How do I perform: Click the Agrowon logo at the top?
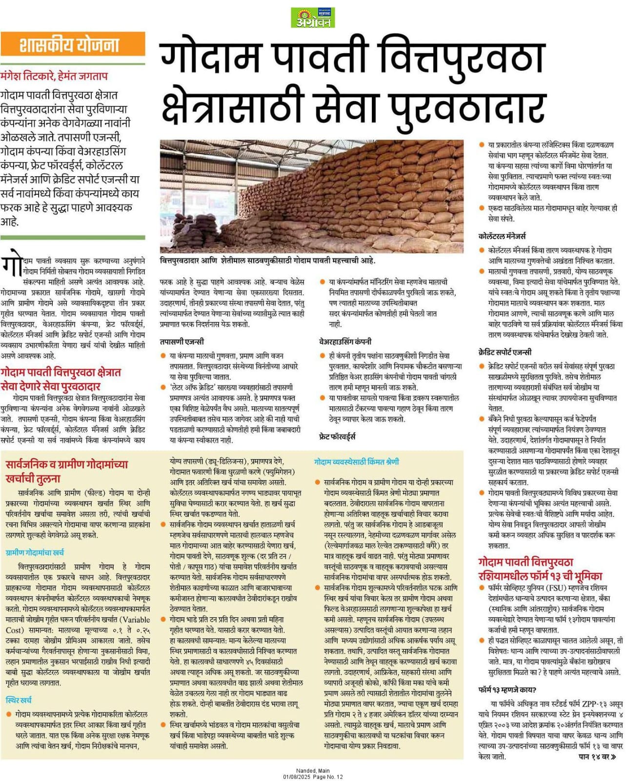(x=313, y=18)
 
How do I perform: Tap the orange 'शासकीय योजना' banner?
(x=73, y=45)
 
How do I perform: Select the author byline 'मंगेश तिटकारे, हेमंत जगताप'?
(x=54, y=76)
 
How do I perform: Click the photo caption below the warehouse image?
(x=267, y=261)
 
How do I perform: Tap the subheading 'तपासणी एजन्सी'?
(x=182, y=341)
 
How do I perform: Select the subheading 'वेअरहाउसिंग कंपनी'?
(x=345, y=341)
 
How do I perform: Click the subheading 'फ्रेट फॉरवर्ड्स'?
(x=337, y=436)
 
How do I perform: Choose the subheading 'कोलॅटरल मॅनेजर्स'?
(x=503, y=236)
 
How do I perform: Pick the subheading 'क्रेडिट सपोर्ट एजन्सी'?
(x=505, y=352)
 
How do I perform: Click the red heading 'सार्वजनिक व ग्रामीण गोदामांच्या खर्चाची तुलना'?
(x=66, y=471)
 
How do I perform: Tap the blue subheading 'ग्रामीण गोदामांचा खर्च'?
(x=35, y=553)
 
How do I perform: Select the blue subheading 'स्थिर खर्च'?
(x=19, y=700)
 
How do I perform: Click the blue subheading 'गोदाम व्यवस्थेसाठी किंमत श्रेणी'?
(x=357, y=461)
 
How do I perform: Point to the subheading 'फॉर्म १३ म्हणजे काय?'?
(x=507, y=690)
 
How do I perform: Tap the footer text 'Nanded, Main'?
(x=313, y=771)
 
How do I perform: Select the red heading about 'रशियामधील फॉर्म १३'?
(x=540, y=569)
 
